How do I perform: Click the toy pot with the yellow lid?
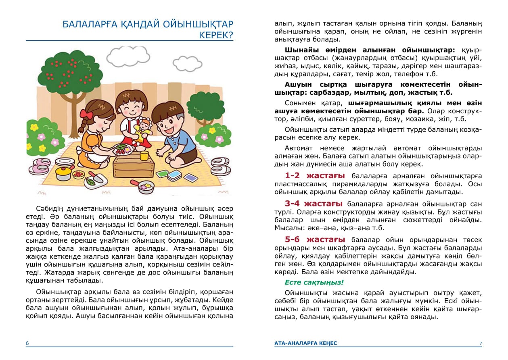(x=64, y=172)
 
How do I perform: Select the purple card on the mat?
(x=190, y=177)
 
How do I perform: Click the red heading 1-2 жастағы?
(x=315, y=176)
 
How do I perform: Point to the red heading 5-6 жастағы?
(x=315, y=239)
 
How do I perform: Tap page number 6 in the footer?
(x=27, y=343)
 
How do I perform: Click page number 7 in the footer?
(x=480, y=343)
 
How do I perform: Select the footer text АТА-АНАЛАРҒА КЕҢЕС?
(x=305, y=343)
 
